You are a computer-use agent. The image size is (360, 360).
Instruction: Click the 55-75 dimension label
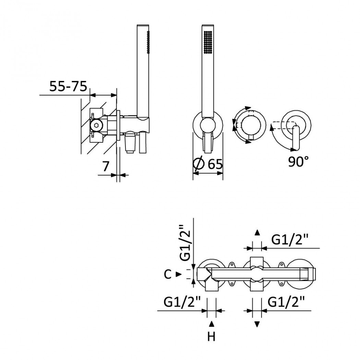[x=69, y=86]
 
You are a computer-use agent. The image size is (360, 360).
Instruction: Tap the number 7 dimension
[x=105, y=166]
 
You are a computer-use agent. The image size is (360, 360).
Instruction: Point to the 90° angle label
[x=299, y=161]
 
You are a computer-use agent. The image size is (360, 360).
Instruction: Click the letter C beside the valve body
[x=168, y=274]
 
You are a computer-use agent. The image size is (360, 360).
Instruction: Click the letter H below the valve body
[x=212, y=337]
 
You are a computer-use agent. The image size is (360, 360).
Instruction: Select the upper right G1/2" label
[x=289, y=240]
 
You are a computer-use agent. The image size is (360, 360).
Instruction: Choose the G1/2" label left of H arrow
[x=182, y=302]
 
